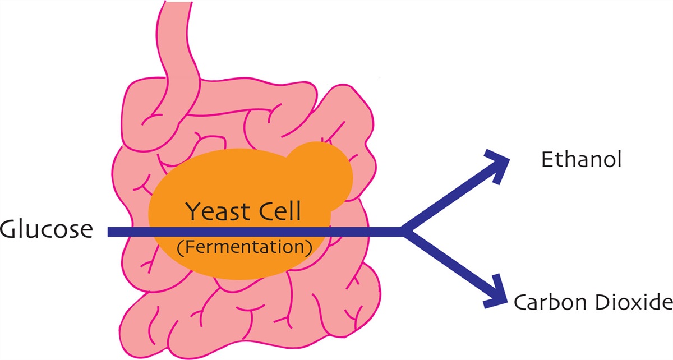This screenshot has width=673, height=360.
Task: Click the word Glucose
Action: (x=46, y=229)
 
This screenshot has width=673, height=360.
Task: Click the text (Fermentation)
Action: (x=244, y=247)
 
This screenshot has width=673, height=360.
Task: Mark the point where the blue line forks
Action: (x=403, y=231)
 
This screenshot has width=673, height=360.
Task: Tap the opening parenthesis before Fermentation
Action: (x=179, y=248)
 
